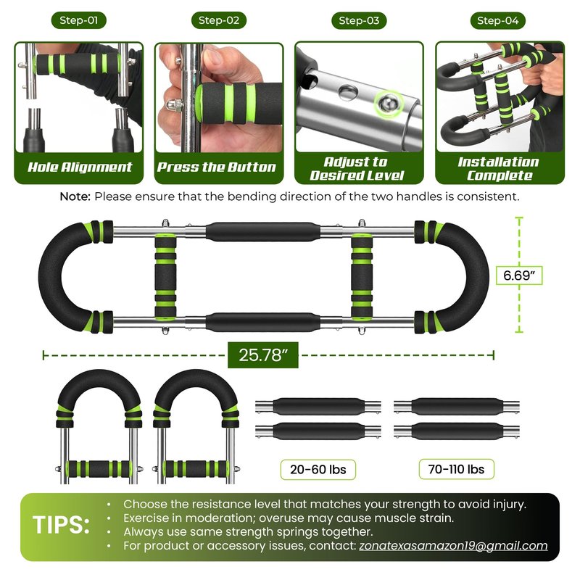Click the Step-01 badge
(79, 20)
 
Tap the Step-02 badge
(219, 20)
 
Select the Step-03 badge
(359, 20)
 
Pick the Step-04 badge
(498, 20)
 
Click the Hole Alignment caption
(80, 167)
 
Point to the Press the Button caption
(217, 167)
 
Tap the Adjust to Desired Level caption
(357, 168)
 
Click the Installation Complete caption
(498, 168)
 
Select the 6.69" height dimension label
(518, 275)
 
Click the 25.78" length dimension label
(263, 355)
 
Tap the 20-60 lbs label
(318, 469)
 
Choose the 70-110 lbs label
(457, 469)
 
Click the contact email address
(453, 546)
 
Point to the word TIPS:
(62, 524)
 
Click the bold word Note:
(75, 196)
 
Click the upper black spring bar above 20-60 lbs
(318, 407)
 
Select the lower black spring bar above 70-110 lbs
(457, 431)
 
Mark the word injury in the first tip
(509, 505)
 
